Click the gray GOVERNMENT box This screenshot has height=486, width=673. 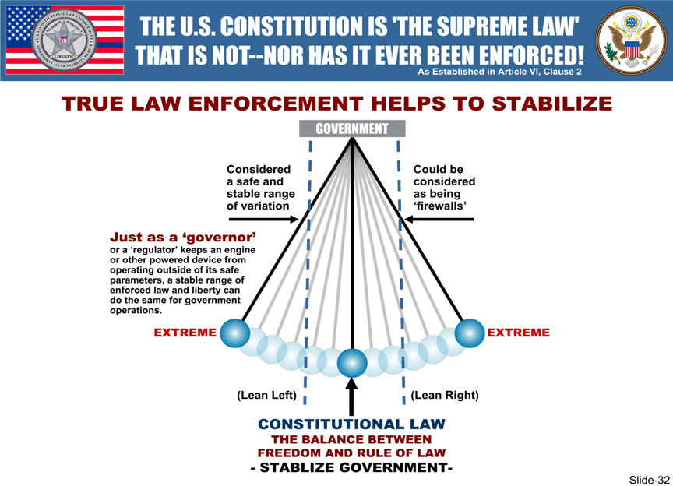[352, 129]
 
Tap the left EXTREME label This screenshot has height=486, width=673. [185, 333]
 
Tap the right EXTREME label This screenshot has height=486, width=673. [518, 333]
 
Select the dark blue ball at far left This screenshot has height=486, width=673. [235, 333]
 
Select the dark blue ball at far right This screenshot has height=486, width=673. [469, 333]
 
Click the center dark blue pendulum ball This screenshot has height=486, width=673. [352, 362]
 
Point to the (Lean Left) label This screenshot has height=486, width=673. [266, 395]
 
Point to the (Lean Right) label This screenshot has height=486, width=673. [445, 395]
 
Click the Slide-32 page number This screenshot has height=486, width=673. [649, 479]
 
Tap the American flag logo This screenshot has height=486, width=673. [65, 40]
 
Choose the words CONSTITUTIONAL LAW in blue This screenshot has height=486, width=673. [351, 424]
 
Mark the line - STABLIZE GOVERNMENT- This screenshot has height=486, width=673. [351, 467]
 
